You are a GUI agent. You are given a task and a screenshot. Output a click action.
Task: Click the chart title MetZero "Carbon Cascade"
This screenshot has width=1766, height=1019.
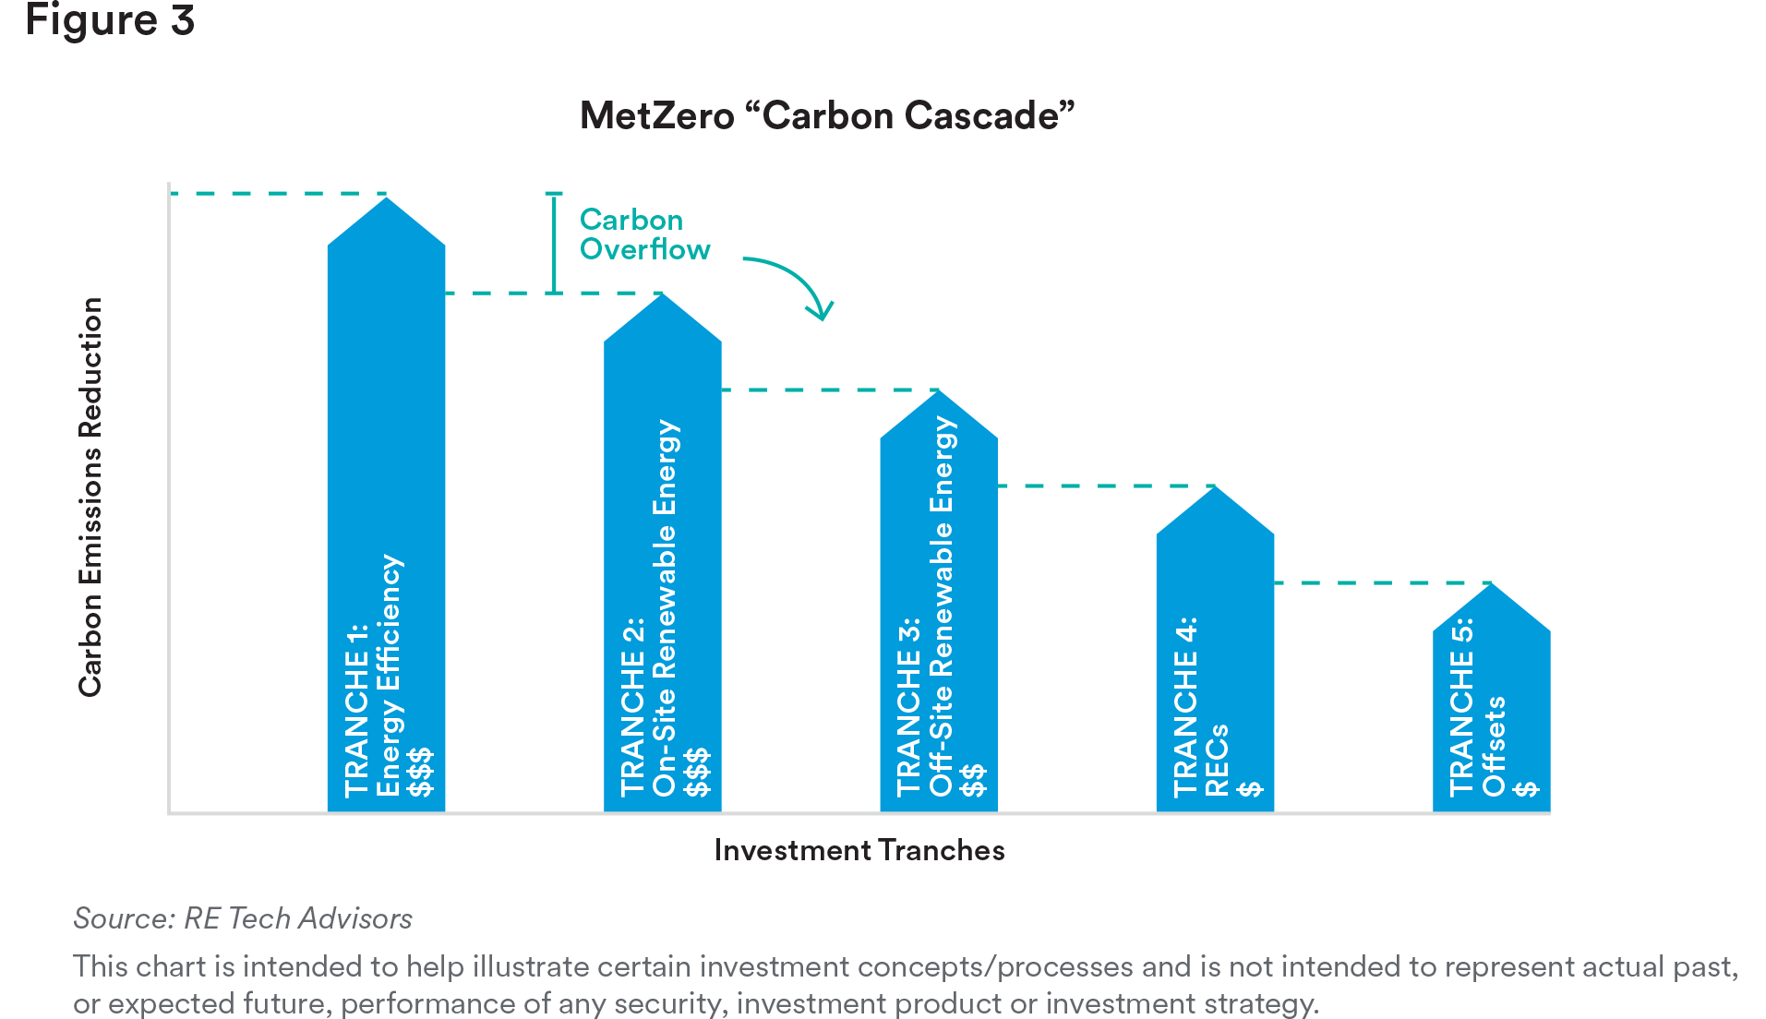coord(827,115)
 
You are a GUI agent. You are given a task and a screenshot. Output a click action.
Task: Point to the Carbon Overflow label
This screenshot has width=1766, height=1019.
coord(644,234)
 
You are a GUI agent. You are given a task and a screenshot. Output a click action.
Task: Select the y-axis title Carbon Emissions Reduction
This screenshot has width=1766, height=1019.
coord(90,497)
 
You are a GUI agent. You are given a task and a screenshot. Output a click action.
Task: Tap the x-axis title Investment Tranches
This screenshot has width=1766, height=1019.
coord(859,850)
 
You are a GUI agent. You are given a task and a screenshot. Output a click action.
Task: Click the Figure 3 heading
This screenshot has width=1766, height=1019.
coord(110,20)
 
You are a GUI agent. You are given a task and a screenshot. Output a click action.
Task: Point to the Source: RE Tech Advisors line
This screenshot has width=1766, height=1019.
coord(243,918)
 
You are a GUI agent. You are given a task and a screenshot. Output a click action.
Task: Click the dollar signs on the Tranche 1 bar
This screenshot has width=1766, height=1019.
coord(420,773)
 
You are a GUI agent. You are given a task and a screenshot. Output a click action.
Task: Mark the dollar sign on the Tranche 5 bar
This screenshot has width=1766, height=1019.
coord(1525,788)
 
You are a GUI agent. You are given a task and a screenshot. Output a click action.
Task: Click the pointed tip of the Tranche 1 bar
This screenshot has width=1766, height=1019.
coord(387,198)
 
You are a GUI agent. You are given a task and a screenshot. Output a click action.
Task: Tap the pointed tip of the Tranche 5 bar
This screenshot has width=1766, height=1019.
coord(1491,583)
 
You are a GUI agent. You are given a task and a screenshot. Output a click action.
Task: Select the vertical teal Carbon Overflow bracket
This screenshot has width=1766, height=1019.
coord(554,244)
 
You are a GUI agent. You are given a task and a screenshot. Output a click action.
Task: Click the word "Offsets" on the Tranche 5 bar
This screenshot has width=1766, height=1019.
coord(1494,746)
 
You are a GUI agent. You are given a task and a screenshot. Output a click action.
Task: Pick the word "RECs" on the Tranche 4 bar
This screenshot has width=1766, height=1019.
coord(1217,761)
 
